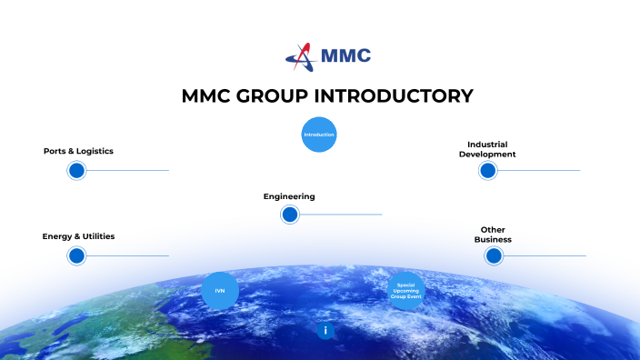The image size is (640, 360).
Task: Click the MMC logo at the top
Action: [x=328, y=55]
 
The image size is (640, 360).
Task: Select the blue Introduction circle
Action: [x=319, y=135]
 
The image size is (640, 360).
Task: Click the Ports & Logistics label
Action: [x=78, y=151]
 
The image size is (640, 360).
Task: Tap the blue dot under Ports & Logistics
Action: [x=76, y=170]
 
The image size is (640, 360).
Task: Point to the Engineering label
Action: [x=289, y=196]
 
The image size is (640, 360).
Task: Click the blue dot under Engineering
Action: [x=290, y=215]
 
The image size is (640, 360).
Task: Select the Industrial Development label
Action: [x=487, y=149]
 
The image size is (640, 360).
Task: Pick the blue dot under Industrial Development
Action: [x=487, y=170]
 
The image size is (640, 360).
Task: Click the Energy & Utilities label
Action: [x=78, y=236]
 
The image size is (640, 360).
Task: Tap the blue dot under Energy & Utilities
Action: [x=76, y=255]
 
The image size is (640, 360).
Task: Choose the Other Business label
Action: [x=493, y=235]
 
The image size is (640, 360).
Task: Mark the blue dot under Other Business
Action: [x=494, y=255]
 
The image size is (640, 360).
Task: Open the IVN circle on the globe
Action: [x=220, y=290]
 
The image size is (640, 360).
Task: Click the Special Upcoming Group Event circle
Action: [x=405, y=291]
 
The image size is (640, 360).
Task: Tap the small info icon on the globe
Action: [x=325, y=331]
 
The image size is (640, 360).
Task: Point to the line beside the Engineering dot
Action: [x=341, y=215]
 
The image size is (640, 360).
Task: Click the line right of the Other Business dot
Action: [x=545, y=255]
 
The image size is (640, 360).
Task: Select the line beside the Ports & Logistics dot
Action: [x=127, y=170]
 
